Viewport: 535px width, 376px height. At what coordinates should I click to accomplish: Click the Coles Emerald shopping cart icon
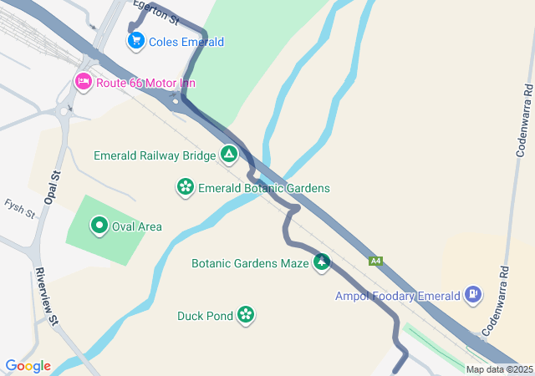coord(135,40)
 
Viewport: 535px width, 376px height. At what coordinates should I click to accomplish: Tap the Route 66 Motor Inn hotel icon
coord(83,82)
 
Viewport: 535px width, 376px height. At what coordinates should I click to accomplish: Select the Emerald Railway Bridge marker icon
coord(228,155)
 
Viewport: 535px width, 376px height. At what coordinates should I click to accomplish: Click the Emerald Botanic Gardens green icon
coord(185,187)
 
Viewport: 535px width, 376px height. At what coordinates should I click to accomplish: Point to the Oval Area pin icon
coord(99,226)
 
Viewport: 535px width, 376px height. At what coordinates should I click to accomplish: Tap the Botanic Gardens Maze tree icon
coord(321,263)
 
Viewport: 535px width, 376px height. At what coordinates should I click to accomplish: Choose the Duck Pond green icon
coord(246,315)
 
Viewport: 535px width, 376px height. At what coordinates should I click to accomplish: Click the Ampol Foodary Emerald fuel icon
coord(474,295)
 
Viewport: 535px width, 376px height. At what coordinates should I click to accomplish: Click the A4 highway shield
coord(377,261)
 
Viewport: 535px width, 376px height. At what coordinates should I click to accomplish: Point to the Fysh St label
coord(18,209)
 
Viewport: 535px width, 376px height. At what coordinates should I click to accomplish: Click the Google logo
coord(28,366)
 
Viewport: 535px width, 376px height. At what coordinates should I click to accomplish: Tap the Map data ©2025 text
coord(499,369)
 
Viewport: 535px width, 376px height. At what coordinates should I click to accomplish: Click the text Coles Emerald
coord(186,42)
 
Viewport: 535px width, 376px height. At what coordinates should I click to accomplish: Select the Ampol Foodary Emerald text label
coord(398,296)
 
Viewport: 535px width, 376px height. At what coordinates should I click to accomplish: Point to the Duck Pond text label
coord(205,316)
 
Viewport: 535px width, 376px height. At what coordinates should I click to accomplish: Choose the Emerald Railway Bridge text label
coord(155,155)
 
